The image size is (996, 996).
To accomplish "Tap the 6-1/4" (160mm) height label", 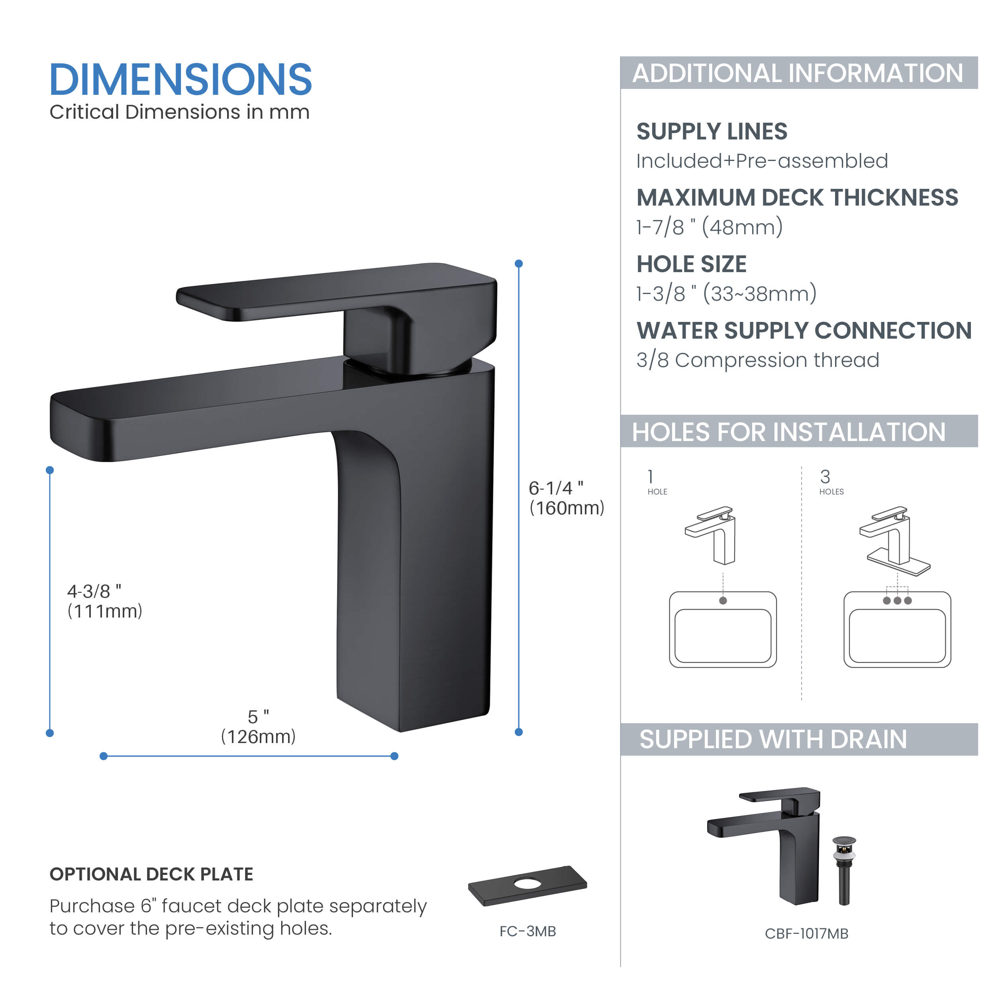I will [566, 498].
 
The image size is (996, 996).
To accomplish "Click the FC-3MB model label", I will [527, 931].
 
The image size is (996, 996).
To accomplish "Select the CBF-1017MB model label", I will [806, 933].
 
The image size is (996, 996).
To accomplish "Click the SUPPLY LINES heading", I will [712, 131].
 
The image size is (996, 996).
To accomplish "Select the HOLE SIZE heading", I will [691, 264].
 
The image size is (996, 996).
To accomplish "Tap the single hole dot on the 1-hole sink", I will [723, 601].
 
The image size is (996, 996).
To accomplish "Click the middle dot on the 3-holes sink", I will [898, 601].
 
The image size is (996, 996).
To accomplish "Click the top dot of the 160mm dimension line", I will [519, 263].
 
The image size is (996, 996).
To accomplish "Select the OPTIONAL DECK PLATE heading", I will [151, 874].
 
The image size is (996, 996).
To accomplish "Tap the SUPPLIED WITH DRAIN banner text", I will [773, 739].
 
